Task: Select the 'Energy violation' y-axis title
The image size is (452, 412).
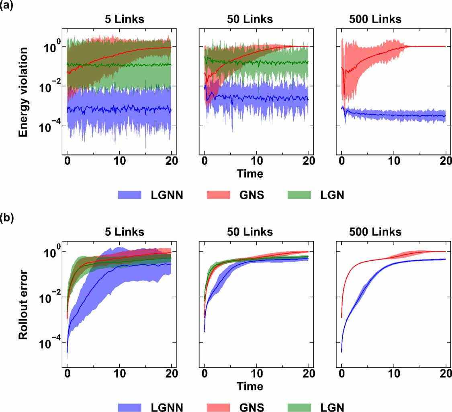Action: click(x=24, y=92)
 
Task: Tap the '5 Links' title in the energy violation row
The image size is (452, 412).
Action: click(x=119, y=19)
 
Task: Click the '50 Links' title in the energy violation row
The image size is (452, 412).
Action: click(x=250, y=19)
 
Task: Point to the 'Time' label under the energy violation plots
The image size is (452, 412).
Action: click(x=250, y=174)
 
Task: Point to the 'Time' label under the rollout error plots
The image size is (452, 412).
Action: click(x=250, y=386)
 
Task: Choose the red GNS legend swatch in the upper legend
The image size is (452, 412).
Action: click(x=218, y=195)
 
